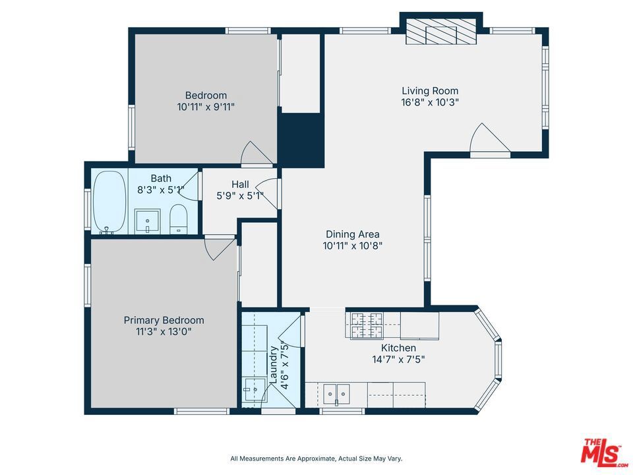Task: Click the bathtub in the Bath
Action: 108,202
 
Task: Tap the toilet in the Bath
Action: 178,219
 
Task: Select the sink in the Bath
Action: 147,221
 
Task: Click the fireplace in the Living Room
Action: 441,32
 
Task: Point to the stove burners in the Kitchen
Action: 367,325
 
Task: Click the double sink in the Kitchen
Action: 336,393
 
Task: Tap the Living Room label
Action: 430,91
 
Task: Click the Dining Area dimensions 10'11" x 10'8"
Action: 352,245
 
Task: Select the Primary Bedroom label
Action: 164,321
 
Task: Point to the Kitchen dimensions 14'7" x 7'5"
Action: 398,359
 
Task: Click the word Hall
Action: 240,185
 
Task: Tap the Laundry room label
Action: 273,365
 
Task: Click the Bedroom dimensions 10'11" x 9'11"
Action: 206,107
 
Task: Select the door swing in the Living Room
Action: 490,139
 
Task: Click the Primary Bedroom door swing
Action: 220,247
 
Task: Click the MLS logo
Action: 604,451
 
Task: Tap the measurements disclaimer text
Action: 316,459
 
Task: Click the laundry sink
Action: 253,389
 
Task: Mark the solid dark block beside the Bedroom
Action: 301,140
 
